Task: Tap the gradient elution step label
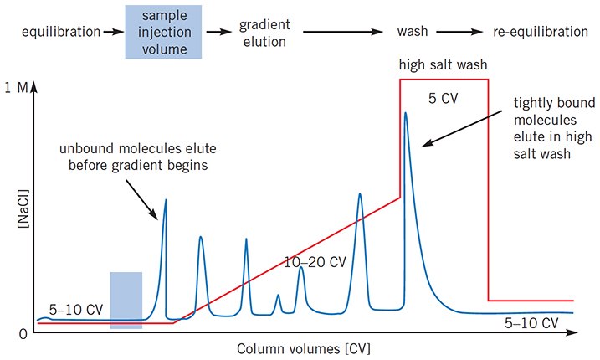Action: [263, 33]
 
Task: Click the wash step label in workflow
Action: [413, 33]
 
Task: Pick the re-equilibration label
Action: [540, 33]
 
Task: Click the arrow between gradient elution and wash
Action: [343, 33]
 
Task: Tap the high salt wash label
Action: [443, 65]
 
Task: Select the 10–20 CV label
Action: [315, 261]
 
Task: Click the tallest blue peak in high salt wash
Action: [406, 117]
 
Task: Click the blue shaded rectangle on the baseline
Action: [126, 299]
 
